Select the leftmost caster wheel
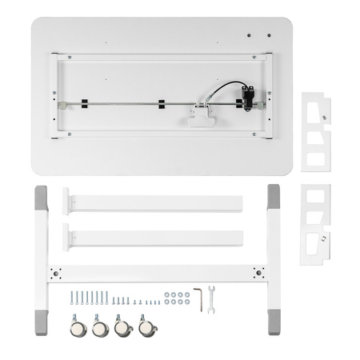78,328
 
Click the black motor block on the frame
249,96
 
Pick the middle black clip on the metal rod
161,104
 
